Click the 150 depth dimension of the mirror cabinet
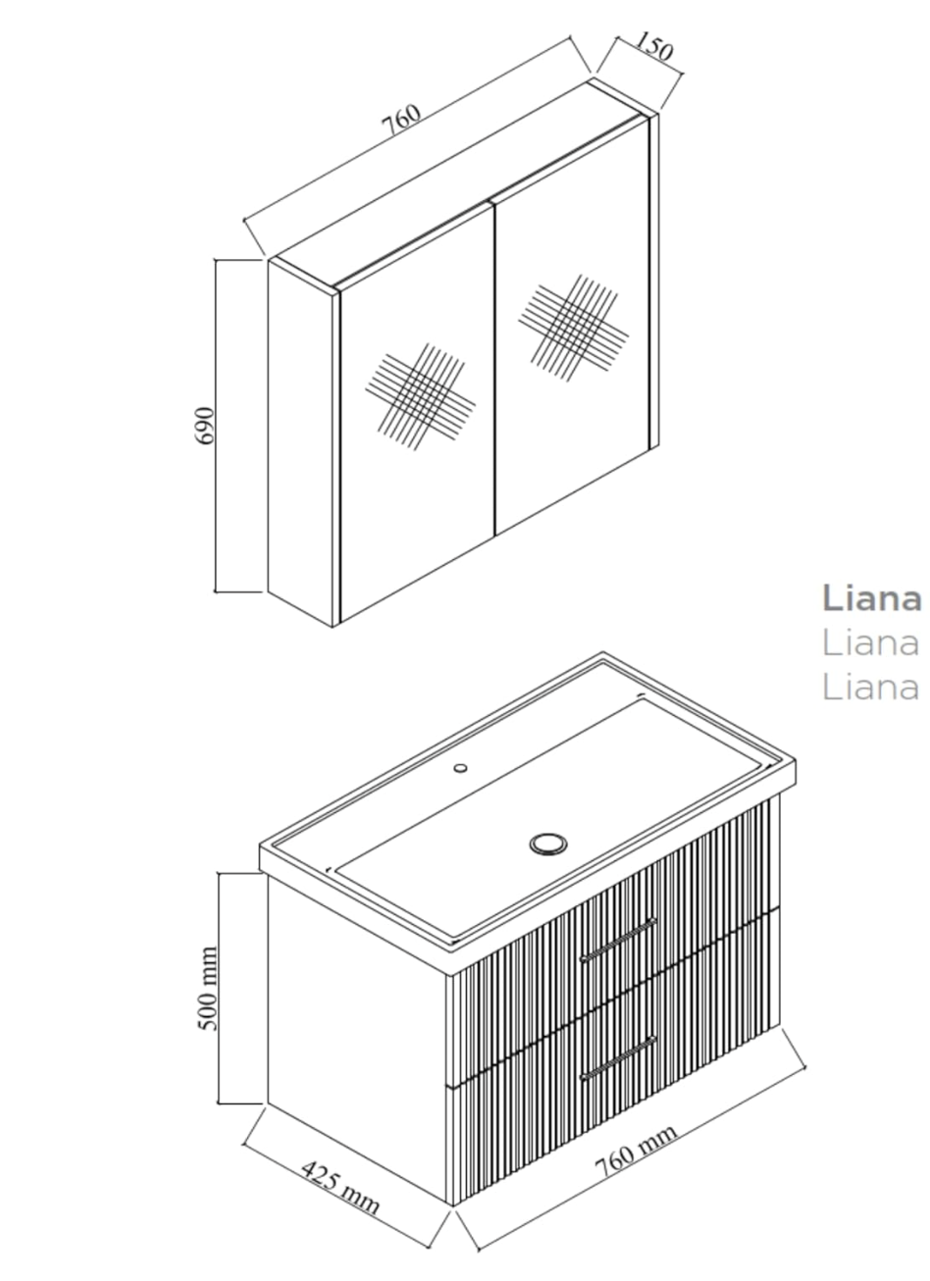click(652, 46)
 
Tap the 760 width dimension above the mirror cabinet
click(401, 120)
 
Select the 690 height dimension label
click(204, 425)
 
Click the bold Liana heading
click(871, 598)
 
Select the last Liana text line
click(870, 687)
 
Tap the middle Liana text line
click(870, 642)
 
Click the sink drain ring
click(548, 843)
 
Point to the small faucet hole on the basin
click(460, 767)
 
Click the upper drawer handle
click(618, 940)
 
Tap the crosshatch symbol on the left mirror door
click(421, 395)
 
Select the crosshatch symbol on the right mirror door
click(574, 327)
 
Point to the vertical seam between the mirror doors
click(493, 367)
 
